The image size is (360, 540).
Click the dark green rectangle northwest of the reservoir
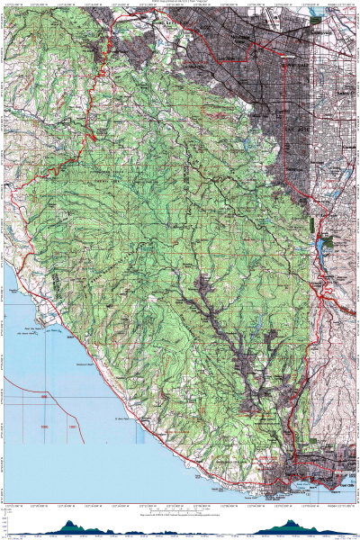pyautogui.click(x=310, y=220)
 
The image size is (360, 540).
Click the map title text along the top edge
pyautogui.click(x=180, y=3)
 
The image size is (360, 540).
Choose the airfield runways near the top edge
pyautogui.click(x=261, y=18)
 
